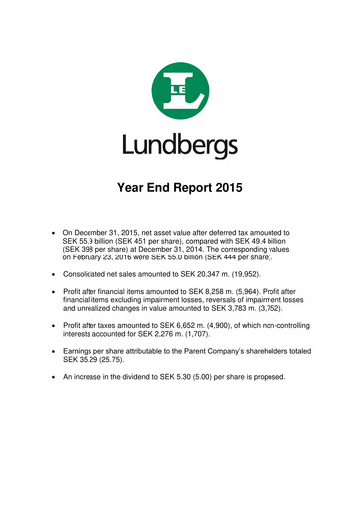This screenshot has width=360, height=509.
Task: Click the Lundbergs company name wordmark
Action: (x=180, y=145)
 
